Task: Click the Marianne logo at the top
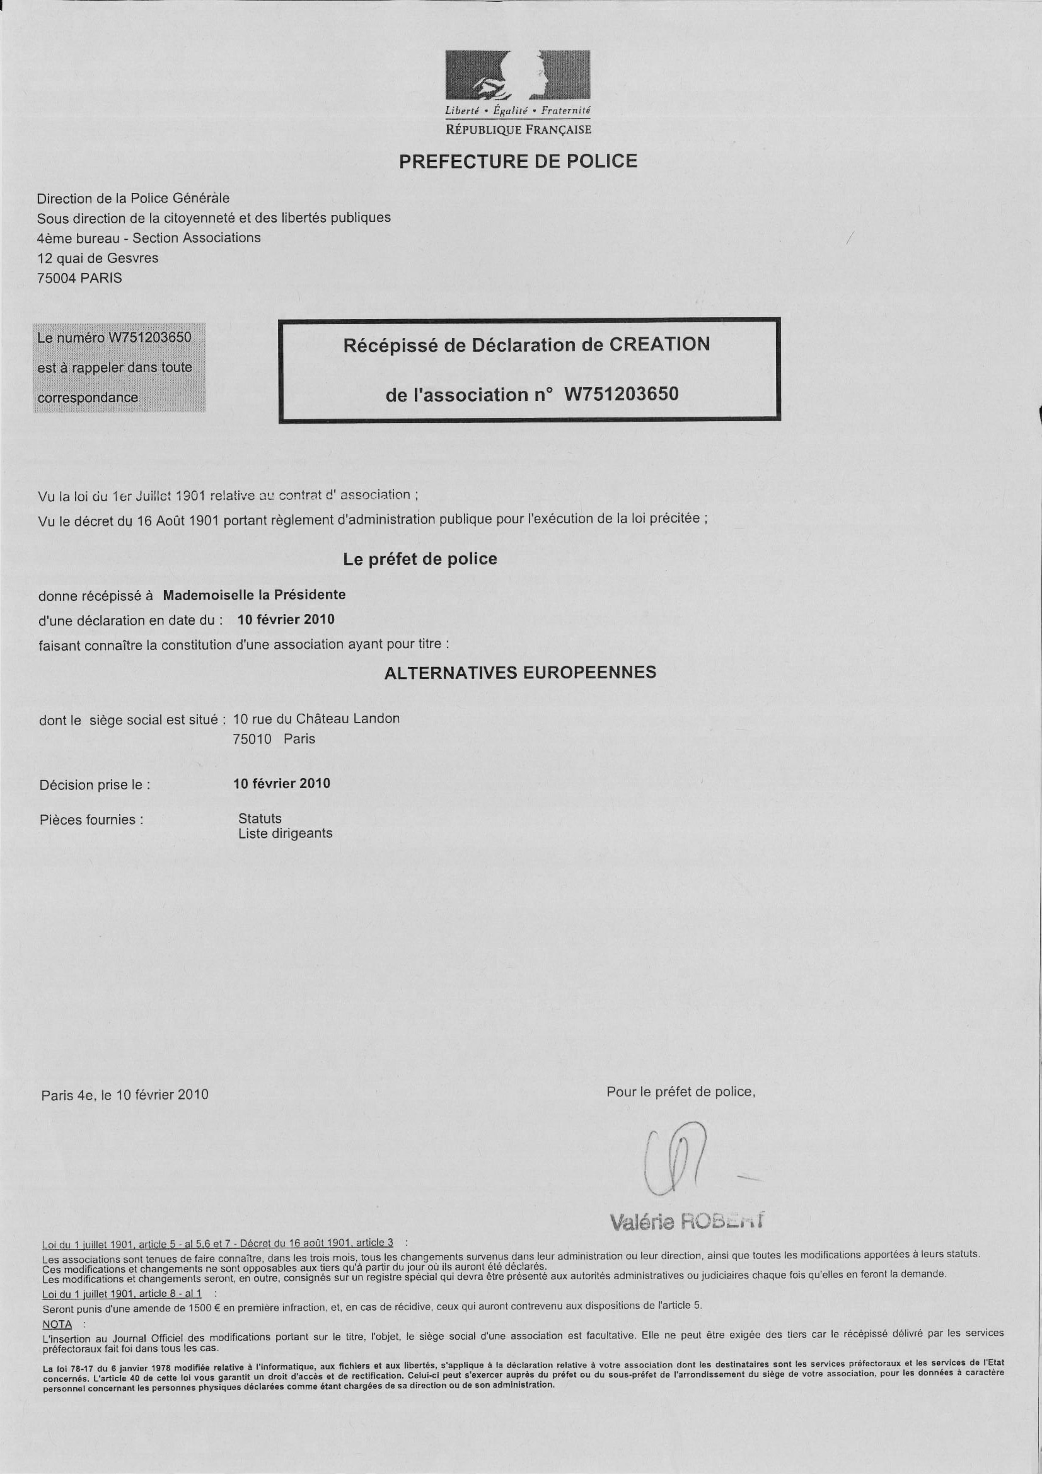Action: [518, 76]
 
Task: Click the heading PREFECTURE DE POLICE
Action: [518, 161]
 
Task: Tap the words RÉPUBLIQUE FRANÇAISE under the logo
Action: [518, 131]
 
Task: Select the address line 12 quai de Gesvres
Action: [98, 258]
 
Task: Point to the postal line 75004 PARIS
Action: [79, 279]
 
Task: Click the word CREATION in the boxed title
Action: [659, 345]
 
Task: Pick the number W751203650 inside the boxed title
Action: [621, 394]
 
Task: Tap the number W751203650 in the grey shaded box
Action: [149, 338]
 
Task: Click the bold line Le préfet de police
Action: [420, 559]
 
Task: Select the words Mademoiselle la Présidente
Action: [254, 595]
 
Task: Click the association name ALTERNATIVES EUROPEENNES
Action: [520, 673]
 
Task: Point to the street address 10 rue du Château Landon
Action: [316, 719]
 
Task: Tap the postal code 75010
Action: [252, 739]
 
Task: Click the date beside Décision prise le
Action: [282, 783]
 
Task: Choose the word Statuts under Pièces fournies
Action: [260, 818]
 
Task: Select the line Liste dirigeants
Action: [285, 833]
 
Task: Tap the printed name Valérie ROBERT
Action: [687, 1221]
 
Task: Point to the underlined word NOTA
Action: [57, 1324]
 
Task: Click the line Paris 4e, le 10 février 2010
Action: [125, 1094]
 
